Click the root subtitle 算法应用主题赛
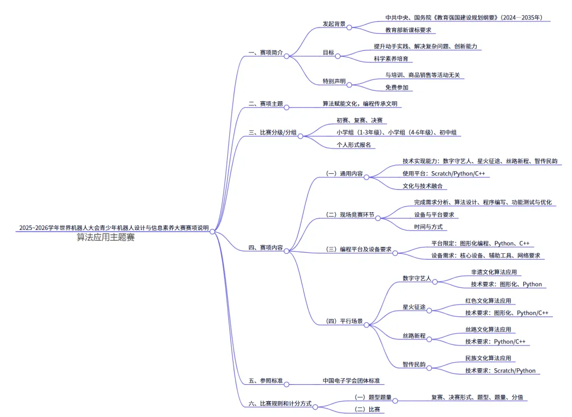click(105, 237)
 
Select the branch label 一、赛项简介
click(265, 53)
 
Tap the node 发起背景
click(334, 24)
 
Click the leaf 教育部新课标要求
click(408, 30)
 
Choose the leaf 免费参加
click(397, 87)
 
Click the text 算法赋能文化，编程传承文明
click(360, 104)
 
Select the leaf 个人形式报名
click(354, 145)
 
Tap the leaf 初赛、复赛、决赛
click(359, 120)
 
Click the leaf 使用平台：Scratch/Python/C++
click(444, 173)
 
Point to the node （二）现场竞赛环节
click(350, 215)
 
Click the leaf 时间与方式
click(428, 227)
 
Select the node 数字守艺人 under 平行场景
click(417, 278)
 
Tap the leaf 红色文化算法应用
click(488, 300)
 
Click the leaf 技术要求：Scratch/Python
click(500, 370)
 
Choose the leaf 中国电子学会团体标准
click(353, 380)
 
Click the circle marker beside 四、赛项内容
click(287, 251)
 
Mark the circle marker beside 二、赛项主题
click(287, 107)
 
